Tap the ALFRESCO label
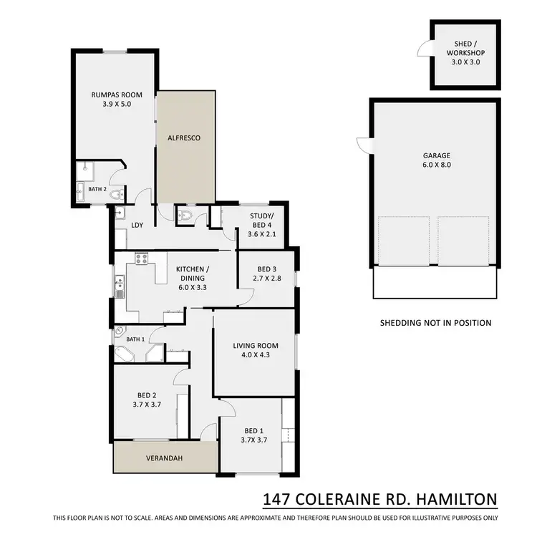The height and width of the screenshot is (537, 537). click(187, 137)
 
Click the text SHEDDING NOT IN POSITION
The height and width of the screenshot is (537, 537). click(435, 323)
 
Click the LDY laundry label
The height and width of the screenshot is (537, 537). click(137, 226)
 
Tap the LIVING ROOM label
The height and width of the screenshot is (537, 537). click(254, 346)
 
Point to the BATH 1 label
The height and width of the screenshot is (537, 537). click(135, 339)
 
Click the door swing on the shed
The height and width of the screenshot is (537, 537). click(424, 49)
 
